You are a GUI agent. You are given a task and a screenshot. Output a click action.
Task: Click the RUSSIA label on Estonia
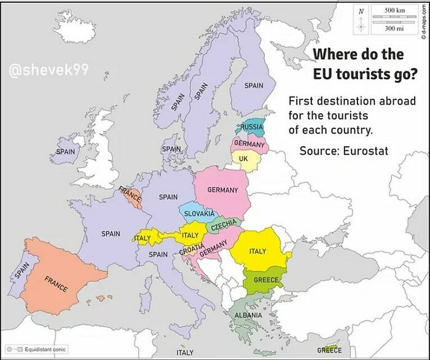point(251,127)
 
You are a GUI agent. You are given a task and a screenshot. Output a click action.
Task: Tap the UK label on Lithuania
point(243,158)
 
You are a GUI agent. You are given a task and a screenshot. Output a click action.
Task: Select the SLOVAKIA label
point(199,213)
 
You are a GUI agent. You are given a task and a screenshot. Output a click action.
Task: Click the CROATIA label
point(191,252)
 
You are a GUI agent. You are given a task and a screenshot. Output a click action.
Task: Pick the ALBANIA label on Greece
point(247,315)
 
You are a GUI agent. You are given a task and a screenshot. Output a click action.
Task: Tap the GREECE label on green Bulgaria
point(265,280)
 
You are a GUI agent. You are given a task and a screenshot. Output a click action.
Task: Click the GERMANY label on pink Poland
point(222,190)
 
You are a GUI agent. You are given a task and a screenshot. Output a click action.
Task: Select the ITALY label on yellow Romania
point(257,251)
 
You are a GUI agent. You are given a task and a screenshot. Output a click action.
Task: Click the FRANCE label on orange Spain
point(55,284)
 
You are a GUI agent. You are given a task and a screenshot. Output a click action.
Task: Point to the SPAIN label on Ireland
point(65,151)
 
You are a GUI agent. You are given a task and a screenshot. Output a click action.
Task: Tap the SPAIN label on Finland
point(254,86)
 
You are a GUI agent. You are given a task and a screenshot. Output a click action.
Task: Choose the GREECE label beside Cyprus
point(330,350)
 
